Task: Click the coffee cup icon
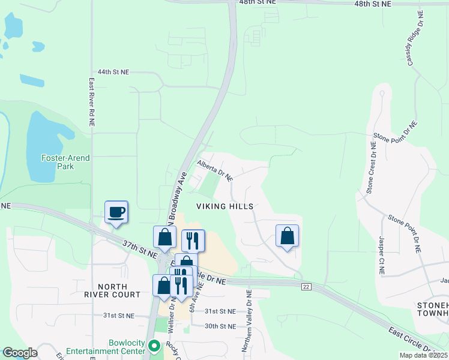116,212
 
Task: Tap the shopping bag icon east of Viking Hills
288,235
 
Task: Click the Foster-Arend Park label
65,162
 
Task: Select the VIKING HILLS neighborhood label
225,206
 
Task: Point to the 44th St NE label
113,72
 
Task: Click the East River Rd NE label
92,102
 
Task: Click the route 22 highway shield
306,286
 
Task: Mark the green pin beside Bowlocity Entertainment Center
154,346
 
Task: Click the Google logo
19,353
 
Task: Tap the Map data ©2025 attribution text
423,355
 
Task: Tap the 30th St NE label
220,326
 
